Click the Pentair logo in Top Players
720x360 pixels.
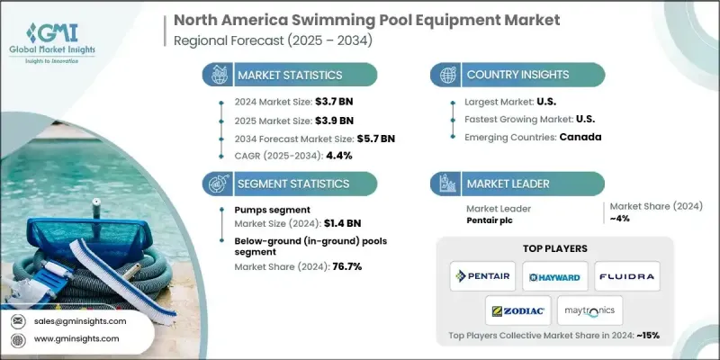482,274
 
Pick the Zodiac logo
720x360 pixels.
518,310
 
